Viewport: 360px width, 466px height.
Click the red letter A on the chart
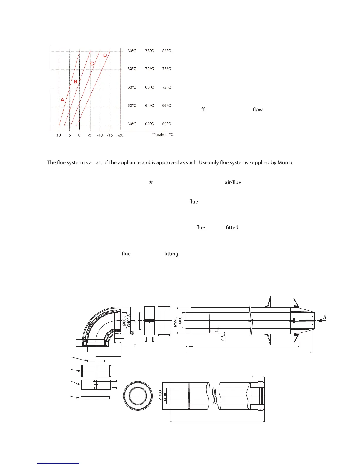click(x=62, y=100)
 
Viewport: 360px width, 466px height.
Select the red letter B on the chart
click(x=76, y=81)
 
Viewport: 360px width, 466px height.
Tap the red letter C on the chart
click(x=92, y=64)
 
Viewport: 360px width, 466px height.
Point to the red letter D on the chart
click(x=105, y=55)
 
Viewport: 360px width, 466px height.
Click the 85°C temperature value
click(x=166, y=51)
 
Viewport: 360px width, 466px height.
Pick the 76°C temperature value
click(x=149, y=51)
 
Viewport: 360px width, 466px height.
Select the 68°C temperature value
click(x=149, y=87)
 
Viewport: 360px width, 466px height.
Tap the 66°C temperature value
click(x=166, y=106)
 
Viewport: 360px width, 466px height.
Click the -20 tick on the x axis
click(x=120, y=135)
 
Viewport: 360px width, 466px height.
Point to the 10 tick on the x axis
click(x=59, y=135)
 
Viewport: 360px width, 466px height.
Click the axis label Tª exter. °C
click(x=162, y=134)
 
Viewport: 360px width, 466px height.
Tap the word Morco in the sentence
click(x=285, y=162)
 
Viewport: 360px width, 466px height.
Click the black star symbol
click(x=151, y=182)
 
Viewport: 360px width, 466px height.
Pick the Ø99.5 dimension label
click(x=175, y=322)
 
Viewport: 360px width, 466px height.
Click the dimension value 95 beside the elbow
click(x=133, y=333)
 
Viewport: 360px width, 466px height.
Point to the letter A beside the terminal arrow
click(x=324, y=317)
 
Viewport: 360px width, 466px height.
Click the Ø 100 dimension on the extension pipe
click(x=160, y=395)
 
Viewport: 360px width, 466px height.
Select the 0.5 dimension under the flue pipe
click(x=223, y=338)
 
